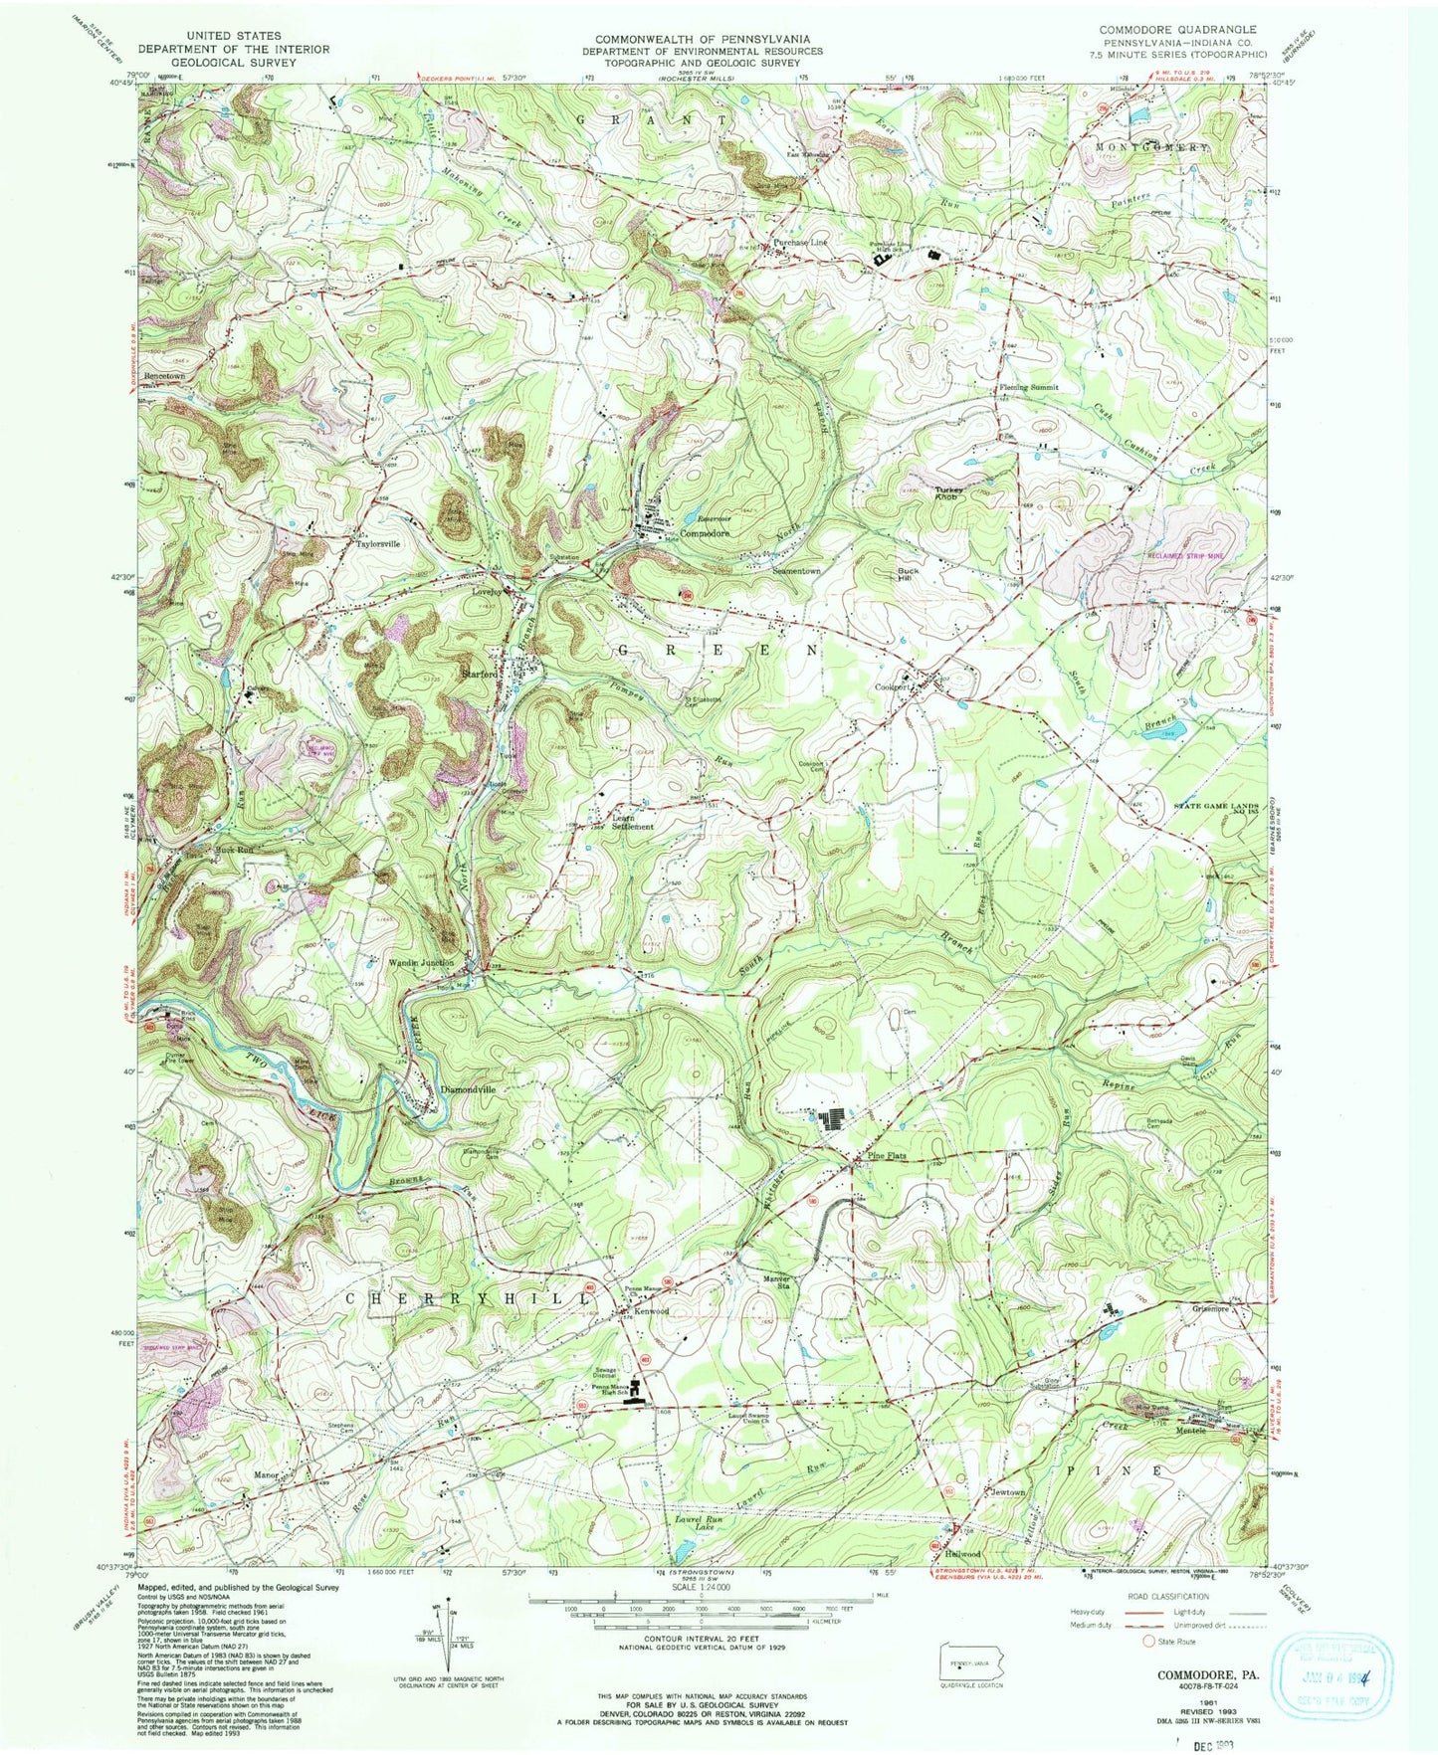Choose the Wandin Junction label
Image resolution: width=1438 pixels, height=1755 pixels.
421,963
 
